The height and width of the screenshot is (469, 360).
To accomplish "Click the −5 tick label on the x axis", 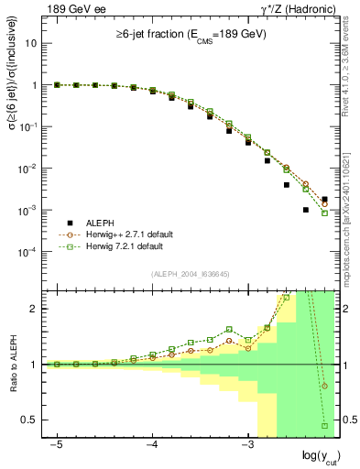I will click(x=57, y=444).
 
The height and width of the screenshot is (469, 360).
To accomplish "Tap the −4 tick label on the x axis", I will click(x=151, y=444).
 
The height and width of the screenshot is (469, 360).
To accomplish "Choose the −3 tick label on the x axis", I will click(x=246, y=444).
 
